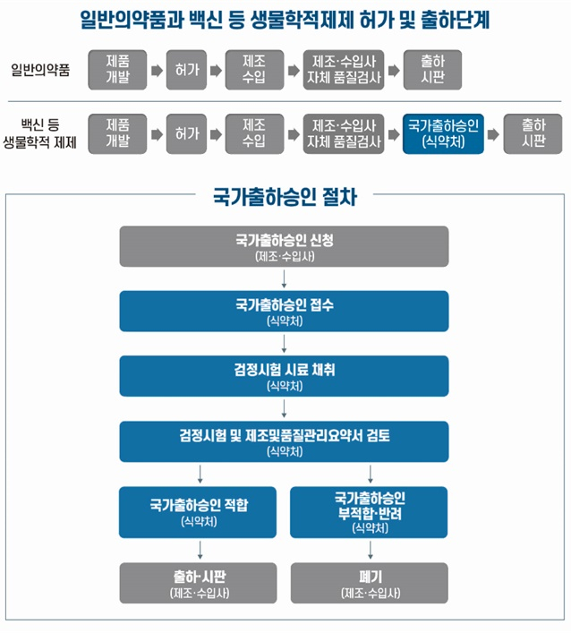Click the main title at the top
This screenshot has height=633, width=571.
(x=285, y=20)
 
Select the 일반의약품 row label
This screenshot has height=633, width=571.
(x=40, y=70)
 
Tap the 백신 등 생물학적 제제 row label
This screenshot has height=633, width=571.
(x=39, y=133)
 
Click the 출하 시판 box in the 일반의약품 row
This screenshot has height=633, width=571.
(x=432, y=70)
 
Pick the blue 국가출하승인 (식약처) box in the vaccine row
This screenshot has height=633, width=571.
(x=443, y=133)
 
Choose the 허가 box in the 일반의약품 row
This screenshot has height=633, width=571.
(x=186, y=70)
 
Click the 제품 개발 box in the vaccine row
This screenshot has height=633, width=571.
(x=117, y=133)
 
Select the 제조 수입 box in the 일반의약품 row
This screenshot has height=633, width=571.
(x=255, y=70)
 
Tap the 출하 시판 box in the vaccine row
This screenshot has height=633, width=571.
(x=533, y=133)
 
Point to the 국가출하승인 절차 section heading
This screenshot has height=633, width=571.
(x=285, y=197)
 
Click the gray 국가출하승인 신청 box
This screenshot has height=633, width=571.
(x=284, y=246)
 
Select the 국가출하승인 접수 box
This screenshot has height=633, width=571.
(x=284, y=312)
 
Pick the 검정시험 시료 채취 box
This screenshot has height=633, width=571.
(x=284, y=376)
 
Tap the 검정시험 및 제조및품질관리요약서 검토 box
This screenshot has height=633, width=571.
(x=284, y=441)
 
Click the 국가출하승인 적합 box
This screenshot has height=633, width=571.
(x=198, y=512)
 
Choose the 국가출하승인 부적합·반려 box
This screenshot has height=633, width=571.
(x=369, y=512)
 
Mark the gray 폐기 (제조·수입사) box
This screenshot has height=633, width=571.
(x=370, y=583)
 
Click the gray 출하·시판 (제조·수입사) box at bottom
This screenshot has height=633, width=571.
(x=198, y=583)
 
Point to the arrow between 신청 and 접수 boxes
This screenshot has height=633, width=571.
(x=284, y=279)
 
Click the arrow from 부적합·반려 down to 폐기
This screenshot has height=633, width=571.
(x=371, y=551)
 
